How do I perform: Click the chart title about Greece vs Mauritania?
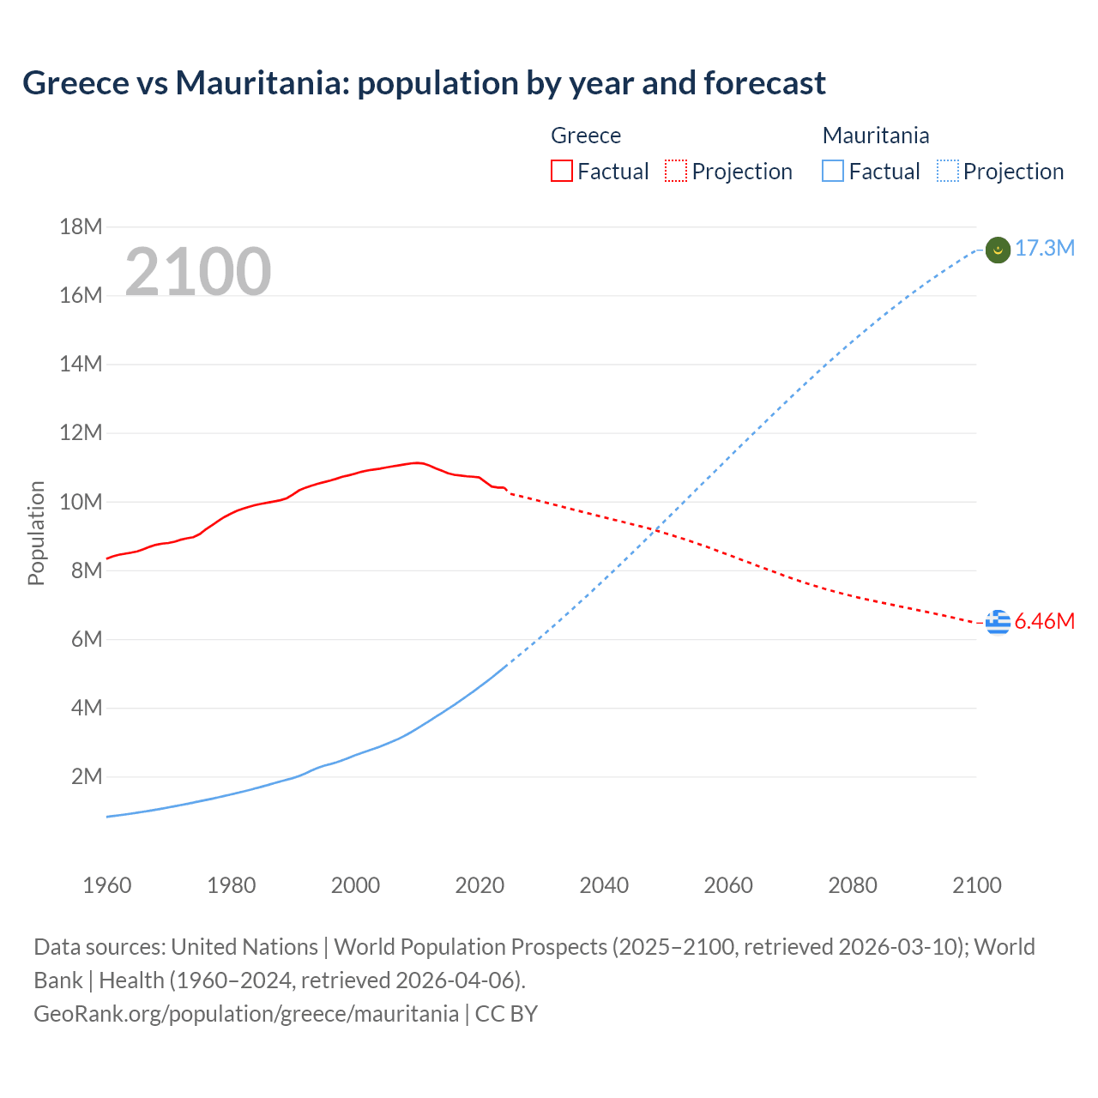424,83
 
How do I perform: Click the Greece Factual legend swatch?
561,171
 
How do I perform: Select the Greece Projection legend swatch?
676,171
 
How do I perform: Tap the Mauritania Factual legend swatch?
832,171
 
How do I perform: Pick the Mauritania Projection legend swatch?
947,171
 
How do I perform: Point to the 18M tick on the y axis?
81,226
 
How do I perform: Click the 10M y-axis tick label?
81,502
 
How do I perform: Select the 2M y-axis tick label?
86,777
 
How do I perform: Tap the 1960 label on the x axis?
107,885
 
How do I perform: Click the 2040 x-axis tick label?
604,885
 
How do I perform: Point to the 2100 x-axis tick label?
977,885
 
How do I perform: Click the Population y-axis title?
36,533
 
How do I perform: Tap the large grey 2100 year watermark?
198,272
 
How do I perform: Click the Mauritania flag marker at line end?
998,250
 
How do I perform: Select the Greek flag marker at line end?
998,622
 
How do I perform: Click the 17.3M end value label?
1045,249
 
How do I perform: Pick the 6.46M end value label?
1045,622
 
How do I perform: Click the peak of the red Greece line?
417,462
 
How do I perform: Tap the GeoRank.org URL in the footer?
246,1014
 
